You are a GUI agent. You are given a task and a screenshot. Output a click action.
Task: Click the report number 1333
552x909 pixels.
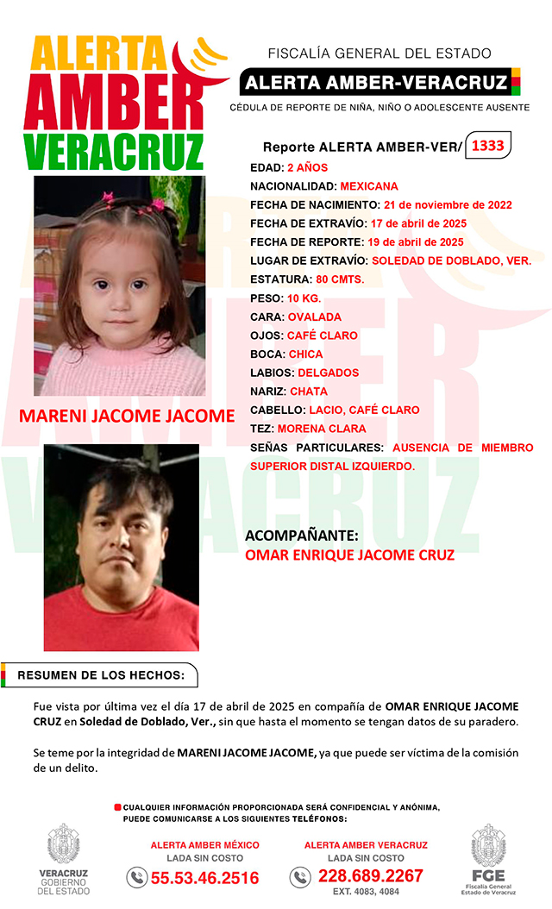(487, 146)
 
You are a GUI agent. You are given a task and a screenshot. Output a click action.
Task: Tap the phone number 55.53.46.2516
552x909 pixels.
(205, 878)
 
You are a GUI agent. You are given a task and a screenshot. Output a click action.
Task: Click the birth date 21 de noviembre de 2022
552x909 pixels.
(448, 205)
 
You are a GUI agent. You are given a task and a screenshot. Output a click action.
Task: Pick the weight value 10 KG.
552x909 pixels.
(304, 298)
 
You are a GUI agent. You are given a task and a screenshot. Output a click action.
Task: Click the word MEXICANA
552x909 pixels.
(369, 186)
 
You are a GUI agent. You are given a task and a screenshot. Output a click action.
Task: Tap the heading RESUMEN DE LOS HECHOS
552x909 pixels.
(102, 674)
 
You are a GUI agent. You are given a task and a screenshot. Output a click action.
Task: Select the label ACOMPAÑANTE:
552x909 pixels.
(302, 536)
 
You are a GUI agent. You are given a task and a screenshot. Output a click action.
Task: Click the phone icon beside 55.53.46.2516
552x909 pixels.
(136, 878)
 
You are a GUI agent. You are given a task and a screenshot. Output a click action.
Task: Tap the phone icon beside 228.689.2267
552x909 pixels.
(299, 877)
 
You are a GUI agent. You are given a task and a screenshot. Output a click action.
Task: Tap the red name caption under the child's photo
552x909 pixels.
(127, 416)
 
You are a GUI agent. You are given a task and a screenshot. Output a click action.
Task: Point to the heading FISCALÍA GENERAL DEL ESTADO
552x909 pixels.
(379, 53)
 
